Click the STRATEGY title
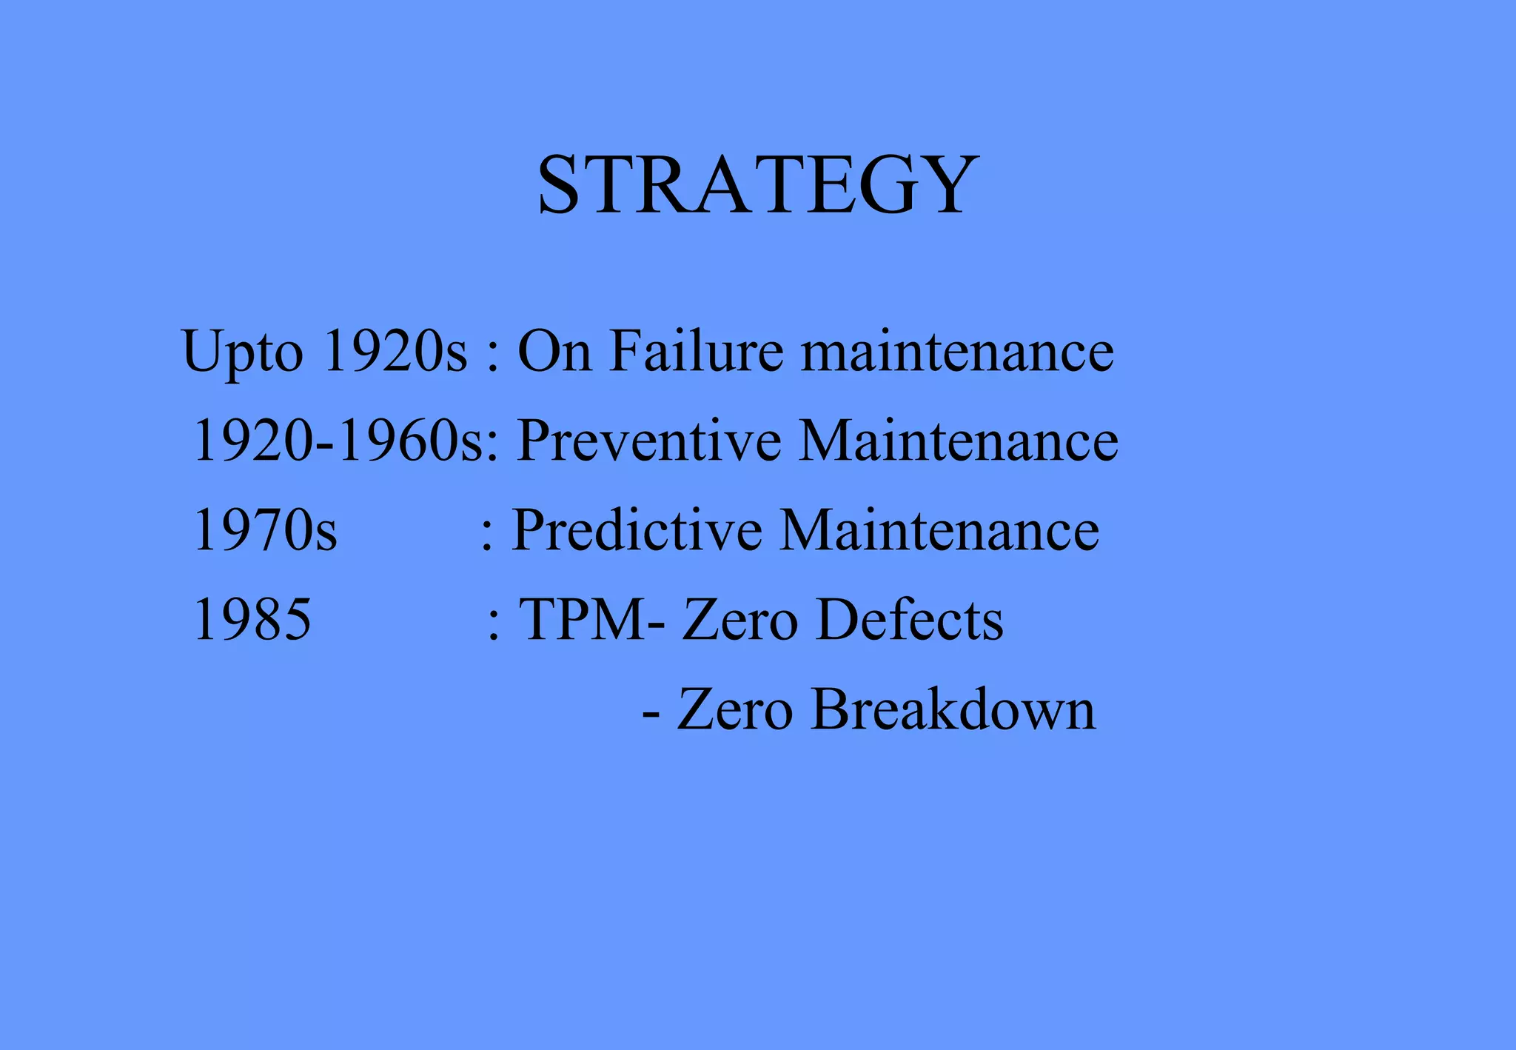pyautogui.click(x=758, y=184)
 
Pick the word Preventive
pyautogui.click(x=648, y=441)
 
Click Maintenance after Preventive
pyautogui.click(x=959, y=441)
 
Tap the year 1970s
pyautogui.click(x=265, y=530)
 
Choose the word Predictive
pyautogui.click(x=637, y=530)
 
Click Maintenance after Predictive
pyautogui.click(x=939, y=530)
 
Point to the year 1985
pyautogui.click(x=252, y=620)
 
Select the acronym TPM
pyautogui.click(x=582, y=620)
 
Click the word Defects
pyautogui.click(x=910, y=620)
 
